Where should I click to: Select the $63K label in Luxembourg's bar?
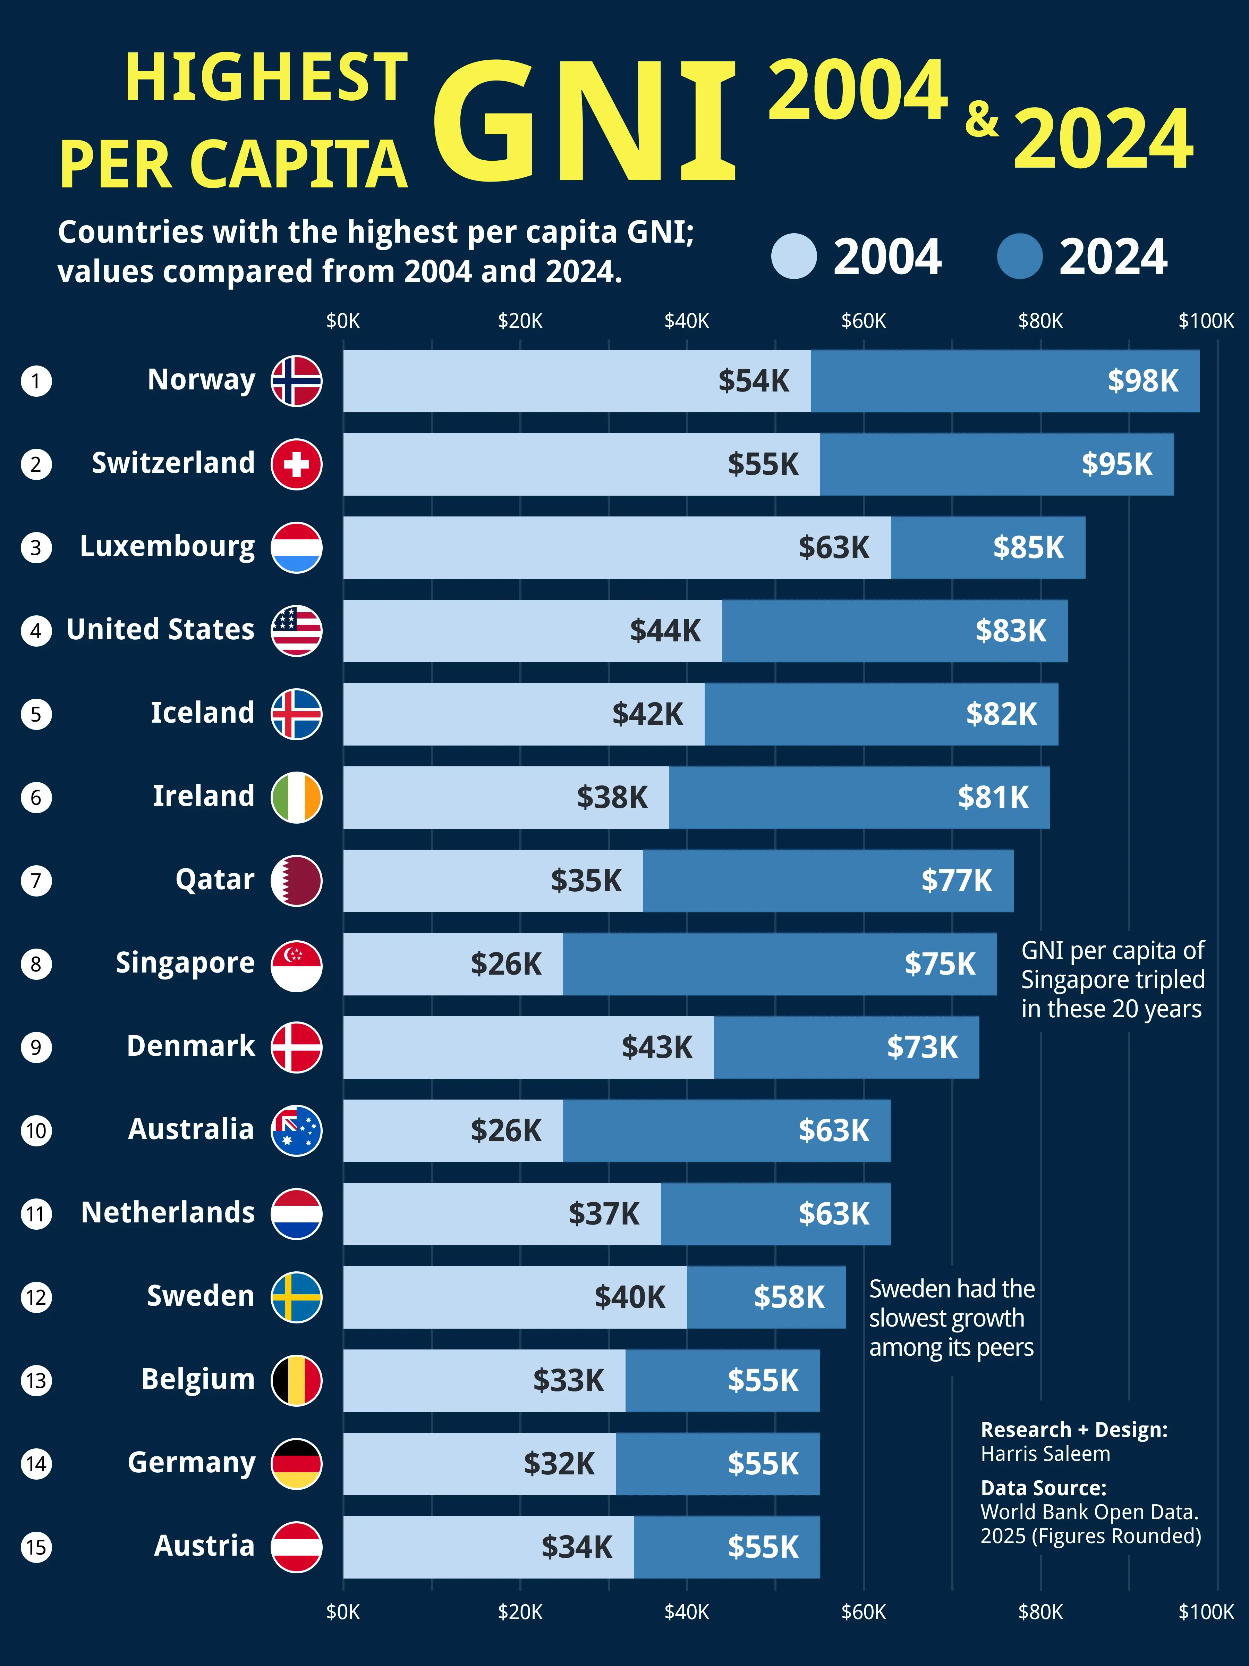click(x=833, y=548)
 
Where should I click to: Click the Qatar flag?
click(x=297, y=881)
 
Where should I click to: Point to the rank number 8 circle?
click(x=36, y=964)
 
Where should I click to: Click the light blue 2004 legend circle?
click(x=793, y=256)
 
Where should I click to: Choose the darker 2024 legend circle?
click(x=1019, y=256)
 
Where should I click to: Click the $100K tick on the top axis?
click(x=1205, y=322)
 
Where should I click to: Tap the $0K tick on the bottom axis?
click(x=343, y=1612)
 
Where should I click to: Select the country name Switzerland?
click(x=173, y=463)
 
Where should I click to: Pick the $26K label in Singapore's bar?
click(x=506, y=964)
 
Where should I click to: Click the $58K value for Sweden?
click(x=789, y=1297)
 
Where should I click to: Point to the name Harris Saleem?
click(x=1045, y=1454)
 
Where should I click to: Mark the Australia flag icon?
click(x=297, y=1130)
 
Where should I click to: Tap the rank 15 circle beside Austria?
click(x=36, y=1547)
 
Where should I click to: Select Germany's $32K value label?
click(x=559, y=1463)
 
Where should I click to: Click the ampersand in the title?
click(x=982, y=119)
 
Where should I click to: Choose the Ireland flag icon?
click(x=297, y=797)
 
